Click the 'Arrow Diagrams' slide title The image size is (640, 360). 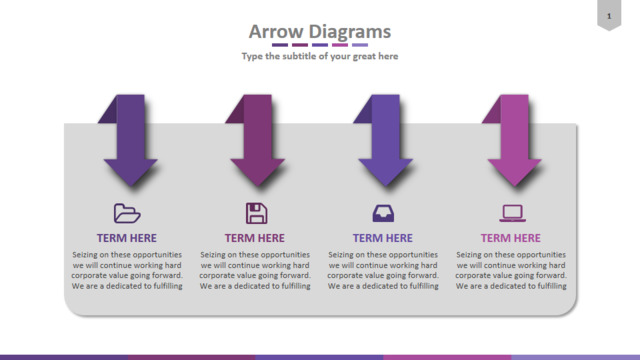[320, 31]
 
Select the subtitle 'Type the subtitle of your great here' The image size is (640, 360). [320, 56]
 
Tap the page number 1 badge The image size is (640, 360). [609, 15]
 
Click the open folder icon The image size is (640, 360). [127, 213]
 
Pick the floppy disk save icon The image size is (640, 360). [256, 213]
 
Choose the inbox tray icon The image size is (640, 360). [383, 213]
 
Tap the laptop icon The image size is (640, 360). [512, 213]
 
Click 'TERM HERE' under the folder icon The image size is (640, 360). [127, 238]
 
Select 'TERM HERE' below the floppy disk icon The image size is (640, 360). [255, 238]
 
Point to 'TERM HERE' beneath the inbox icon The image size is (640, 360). [383, 238]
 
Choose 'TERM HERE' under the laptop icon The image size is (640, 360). [511, 238]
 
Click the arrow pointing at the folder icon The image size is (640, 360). [131, 141]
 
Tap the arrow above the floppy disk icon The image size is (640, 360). [258, 141]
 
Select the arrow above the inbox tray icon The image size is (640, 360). [385, 141]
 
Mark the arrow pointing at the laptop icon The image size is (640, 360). [514, 141]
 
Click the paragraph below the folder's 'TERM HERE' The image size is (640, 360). [127, 270]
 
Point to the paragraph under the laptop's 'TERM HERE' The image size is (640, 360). [511, 270]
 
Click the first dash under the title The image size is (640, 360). [280, 45]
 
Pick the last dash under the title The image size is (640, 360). [360, 45]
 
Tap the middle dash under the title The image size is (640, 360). [320, 45]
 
